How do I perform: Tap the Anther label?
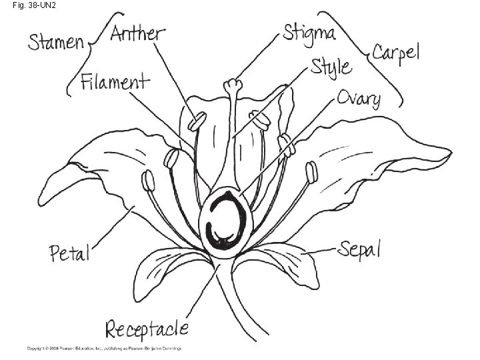[137, 33]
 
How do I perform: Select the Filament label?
[115, 83]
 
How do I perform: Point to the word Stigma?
[309, 33]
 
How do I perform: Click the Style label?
[331, 67]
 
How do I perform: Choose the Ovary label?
[358, 99]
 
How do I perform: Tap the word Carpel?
[395, 53]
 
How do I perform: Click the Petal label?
[69, 253]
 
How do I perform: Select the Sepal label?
[359, 249]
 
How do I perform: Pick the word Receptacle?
[147, 329]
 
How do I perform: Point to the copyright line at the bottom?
[103, 348]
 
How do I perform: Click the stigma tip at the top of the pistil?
[232, 85]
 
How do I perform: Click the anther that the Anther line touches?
[197, 122]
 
